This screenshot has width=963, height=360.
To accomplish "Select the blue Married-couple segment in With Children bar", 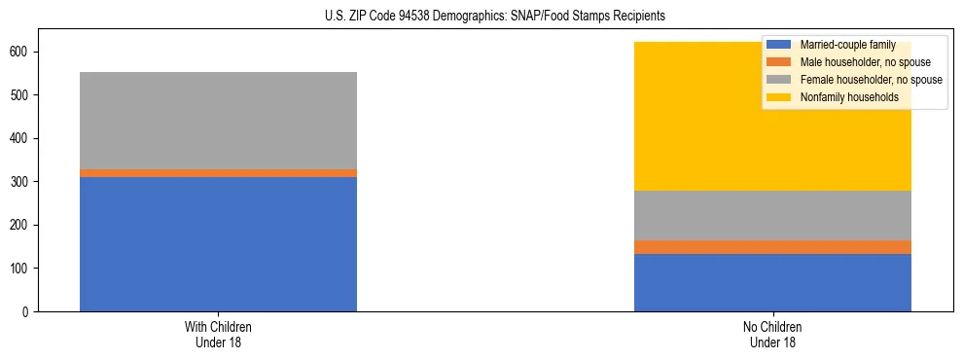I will click(x=218, y=244).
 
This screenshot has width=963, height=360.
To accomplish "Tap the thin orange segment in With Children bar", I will click(x=218, y=173).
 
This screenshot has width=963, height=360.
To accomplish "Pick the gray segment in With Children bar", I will click(x=218, y=121).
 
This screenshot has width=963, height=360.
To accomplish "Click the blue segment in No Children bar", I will click(x=772, y=282).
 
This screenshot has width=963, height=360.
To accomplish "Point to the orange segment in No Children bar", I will click(x=772, y=247).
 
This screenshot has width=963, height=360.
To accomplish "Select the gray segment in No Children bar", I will click(x=772, y=215).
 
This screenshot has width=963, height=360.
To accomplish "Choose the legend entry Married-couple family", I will click(x=841, y=45).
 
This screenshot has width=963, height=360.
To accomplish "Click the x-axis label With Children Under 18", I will click(x=218, y=334).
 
